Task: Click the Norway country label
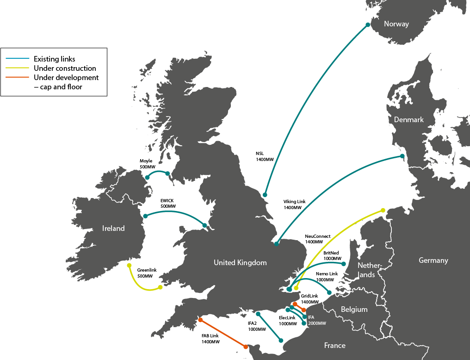[x=396, y=24]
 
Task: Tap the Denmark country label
[x=408, y=120]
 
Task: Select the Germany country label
[x=433, y=261]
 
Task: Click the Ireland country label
[x=113, y=229]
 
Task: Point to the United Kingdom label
[x=240, y=263]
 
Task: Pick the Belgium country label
[x=354, y=310]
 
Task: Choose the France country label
[x=334, y=346]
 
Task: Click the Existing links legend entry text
[x=54, y=59]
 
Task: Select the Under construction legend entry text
[x=65, y=68]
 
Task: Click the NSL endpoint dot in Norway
[x=368, y=25]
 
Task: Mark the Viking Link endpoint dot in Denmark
[x=402, y=156]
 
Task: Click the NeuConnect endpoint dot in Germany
[x=383, y=211]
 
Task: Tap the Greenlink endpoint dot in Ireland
[x=130, y=265]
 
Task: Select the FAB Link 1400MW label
[x=210, y=339]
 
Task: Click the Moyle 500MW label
[x=146, y=164]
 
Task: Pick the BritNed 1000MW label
[x=332, y=256]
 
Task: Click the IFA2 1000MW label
[x=257, y=326]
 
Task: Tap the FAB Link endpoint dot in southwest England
[x=200, y=320]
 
